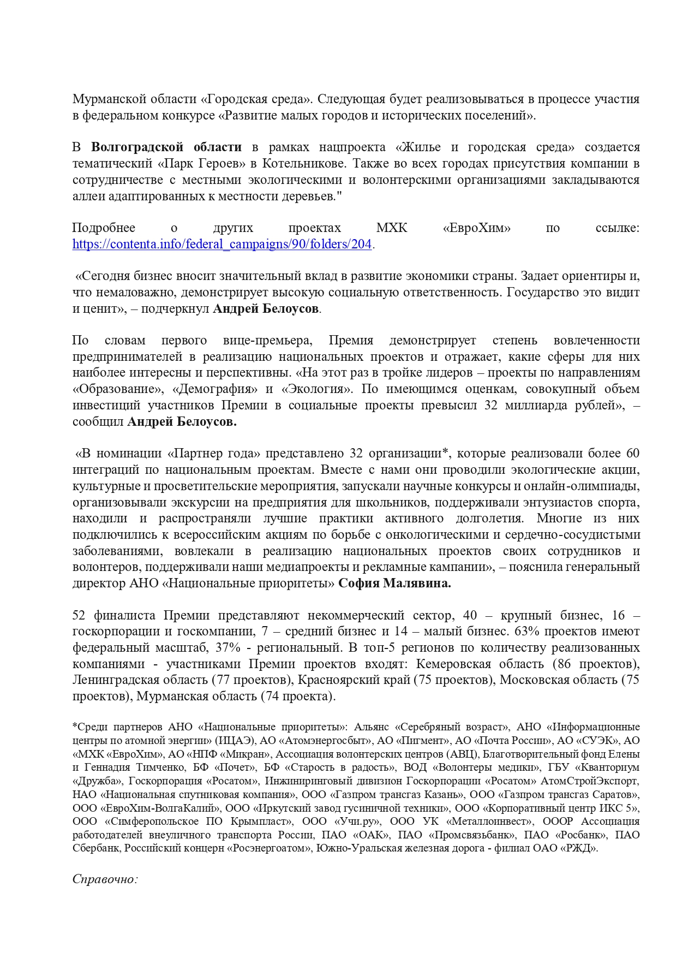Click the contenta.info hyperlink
pyautogui.click(x=222, y=244)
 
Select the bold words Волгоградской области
pyautogui.click(x=166, y=147)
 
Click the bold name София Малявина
pyautogui.click(x=394, y=583)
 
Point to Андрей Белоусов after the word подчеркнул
pyautogui.click(x=266, y=308)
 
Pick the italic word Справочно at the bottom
pyautogui.click(x=104, y=879)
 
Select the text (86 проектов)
pyautogui.click(x=596, y=664)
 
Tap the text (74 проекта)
pyautogui.click(x=298, y=696)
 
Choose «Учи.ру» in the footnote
pyautogui.click(x=357, y=822)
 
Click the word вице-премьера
pyautogui.click(x=267, y=341)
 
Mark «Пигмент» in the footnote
pyautogui.click(x=421, y=741)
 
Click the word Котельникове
pyautogui.click(x=303, y=163)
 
